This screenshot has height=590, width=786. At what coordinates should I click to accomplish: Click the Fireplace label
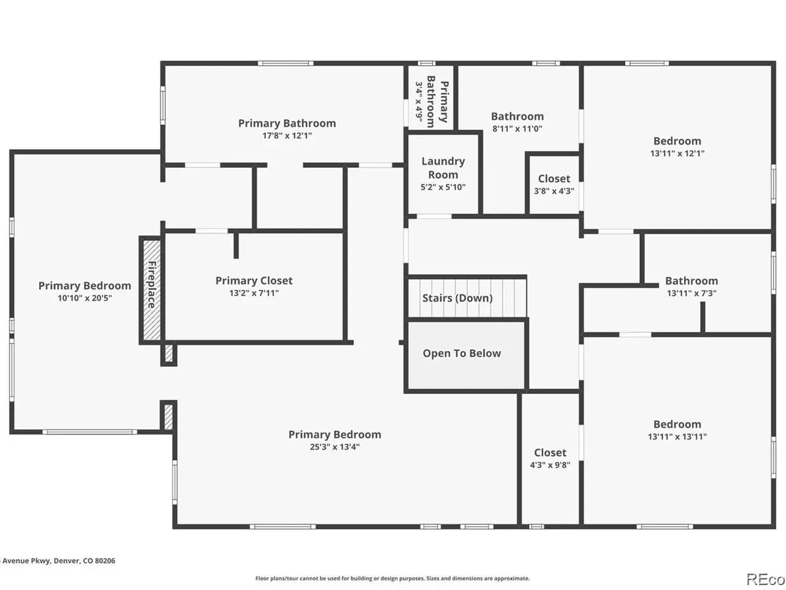(x=152, y=285)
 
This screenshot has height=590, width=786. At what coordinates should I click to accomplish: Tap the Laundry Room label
(x=443, y=168)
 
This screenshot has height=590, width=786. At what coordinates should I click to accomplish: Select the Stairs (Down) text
(x=457, y=298)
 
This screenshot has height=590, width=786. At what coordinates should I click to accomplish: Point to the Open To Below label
(x=462, y=353)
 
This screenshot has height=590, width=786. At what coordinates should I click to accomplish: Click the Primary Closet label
(x=254, y=280)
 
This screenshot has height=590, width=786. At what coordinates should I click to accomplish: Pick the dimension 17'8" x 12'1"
(x=287, y=136)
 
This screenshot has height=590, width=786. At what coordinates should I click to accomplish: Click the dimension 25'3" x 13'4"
(x=335, y=447)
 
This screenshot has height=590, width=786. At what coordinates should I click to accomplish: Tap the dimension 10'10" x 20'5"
(x=85, y=298)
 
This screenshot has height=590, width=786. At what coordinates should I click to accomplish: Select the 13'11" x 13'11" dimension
(x=677, y=437)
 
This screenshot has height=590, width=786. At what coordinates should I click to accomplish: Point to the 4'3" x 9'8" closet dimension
(x=550, y=465)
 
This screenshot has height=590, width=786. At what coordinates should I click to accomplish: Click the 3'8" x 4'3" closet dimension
(x=554, y=191)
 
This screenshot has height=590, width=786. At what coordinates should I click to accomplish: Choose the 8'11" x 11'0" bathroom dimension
(x=517, y=128)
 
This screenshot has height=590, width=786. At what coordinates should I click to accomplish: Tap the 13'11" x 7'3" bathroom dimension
(x=691, y=293)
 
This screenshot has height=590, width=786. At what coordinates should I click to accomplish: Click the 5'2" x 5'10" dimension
(x=443, y=187)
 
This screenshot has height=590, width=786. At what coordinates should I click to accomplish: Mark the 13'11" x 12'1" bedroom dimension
(x=677, y=153)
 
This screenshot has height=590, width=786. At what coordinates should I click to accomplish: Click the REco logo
(x=765, y=580)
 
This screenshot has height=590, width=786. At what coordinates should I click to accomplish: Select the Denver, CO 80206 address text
(x=85, y=560)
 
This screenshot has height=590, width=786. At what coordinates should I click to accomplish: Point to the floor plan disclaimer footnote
(x=392, y=578)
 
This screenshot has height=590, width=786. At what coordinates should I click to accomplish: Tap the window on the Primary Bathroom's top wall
(x=286, y=63)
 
